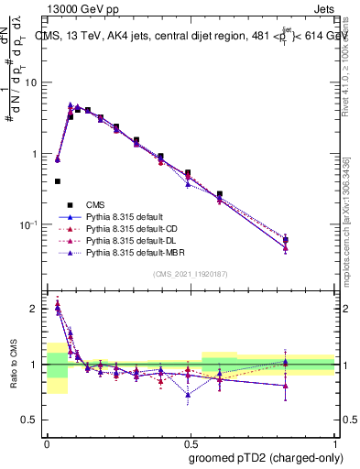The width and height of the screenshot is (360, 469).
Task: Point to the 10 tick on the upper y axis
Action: (35, 82)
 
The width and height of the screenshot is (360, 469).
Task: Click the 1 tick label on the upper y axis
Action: (38, 154)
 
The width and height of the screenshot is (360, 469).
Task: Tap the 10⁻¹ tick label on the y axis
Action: (31, 225)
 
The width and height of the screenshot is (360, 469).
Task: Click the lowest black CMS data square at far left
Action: (58, 181)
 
